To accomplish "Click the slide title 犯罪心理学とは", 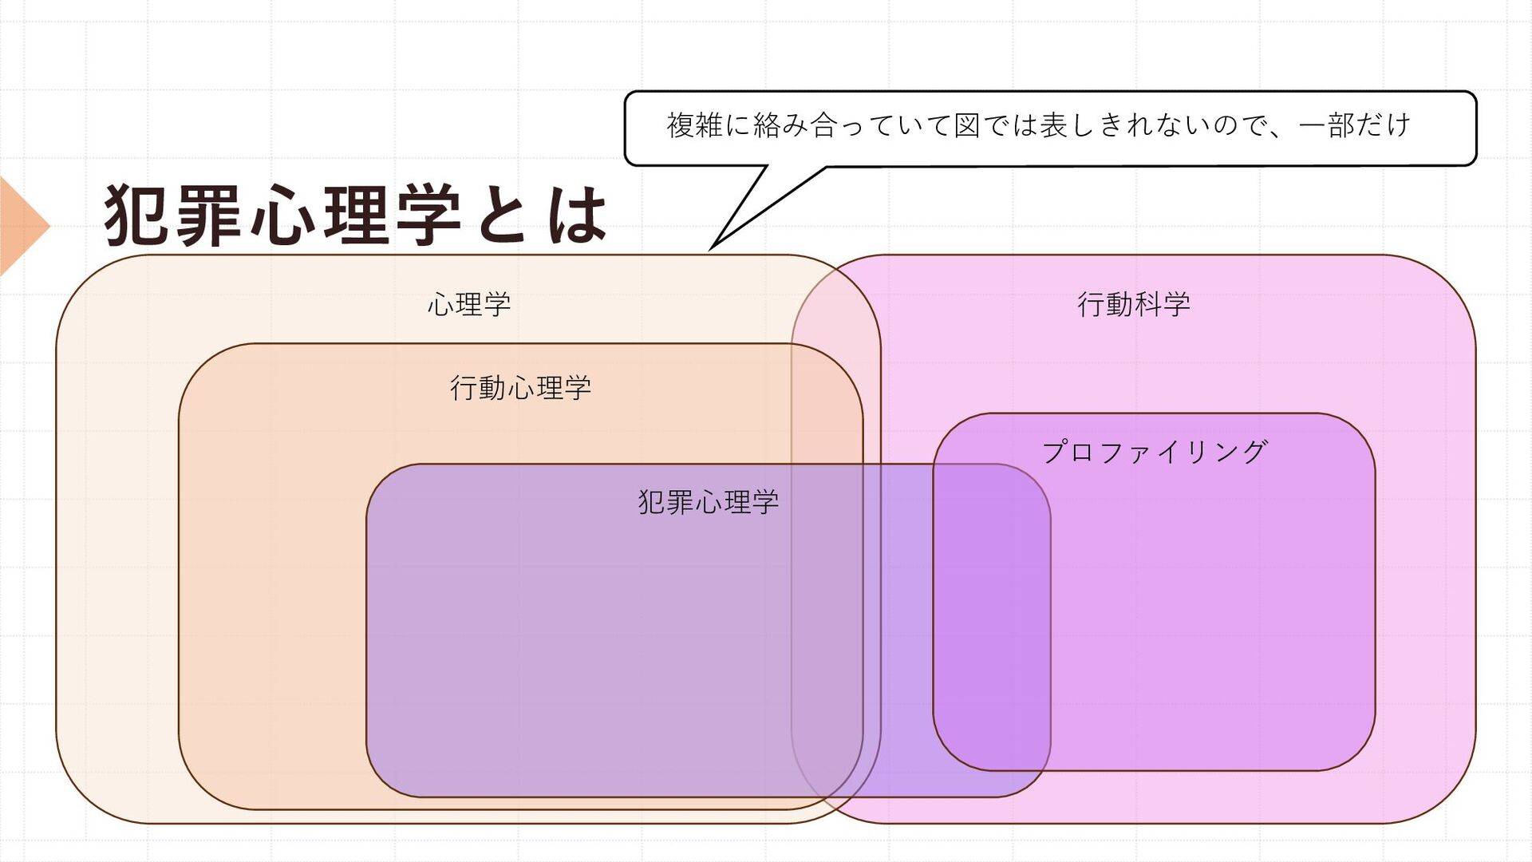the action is pyautogui.click(x=355, y=215).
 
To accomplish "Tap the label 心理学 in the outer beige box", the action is pyautogui.click(x=469, y=304).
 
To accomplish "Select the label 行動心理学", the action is pyautogui.click(x=520, y=388).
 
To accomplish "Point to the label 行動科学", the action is pyautogui.click(x=1133, y=304).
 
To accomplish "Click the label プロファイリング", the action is pyautogui.click(x=1154, y=453).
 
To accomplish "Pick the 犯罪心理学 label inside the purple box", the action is pyautogui.click(x=708, y=502).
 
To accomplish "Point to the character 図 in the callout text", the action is pyautogui.click(x=966, y=125).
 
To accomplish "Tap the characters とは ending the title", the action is pyautogui.click(x=543, y=215).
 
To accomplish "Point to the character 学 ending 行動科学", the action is pyautogui.click(x=1177, y=304).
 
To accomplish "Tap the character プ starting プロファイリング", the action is pyautogui.click(x=1056, y=453).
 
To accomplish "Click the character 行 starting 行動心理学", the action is pyautogui.click(x=464, y=388).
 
